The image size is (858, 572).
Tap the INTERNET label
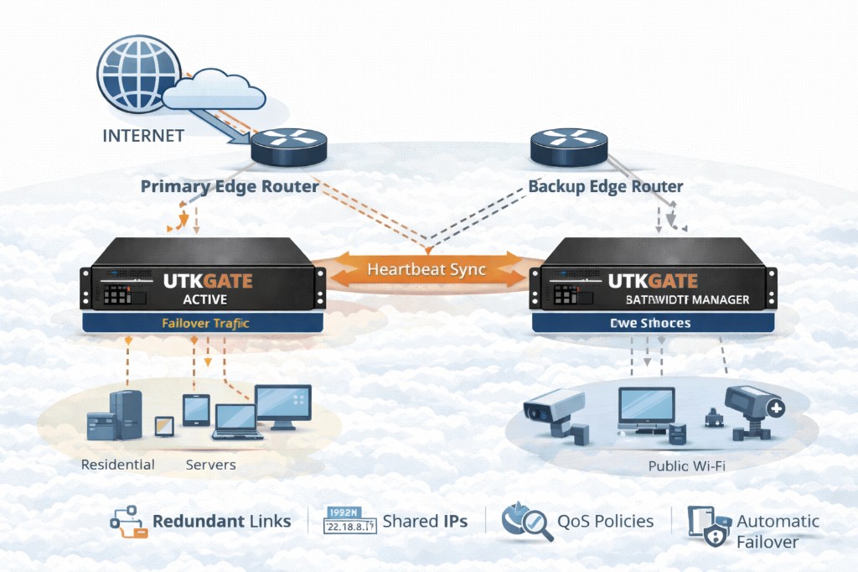click(142, 135)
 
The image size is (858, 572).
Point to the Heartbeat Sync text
click(427, 270)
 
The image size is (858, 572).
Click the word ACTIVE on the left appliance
click(205, 299)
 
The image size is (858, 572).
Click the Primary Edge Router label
click(229, 186)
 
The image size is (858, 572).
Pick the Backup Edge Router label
click(606, 186)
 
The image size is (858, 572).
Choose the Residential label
click(117, 464)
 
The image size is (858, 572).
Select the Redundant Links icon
click(128, 522)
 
